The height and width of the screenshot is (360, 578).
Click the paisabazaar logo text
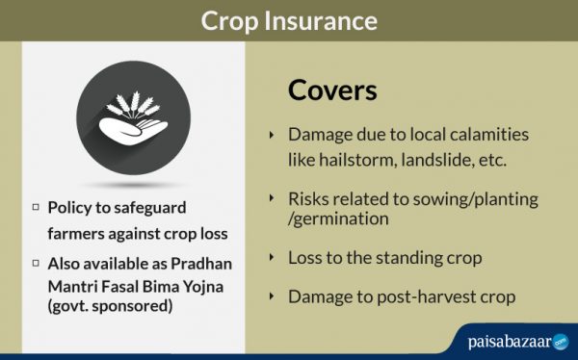coord(502,340)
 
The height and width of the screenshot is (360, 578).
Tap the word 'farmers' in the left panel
coord(78,232)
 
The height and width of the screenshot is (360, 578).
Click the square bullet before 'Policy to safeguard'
coord(36,206)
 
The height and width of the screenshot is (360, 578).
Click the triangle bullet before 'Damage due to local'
coord(272,135)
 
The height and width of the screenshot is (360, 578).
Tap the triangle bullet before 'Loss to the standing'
coord(272,258)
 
